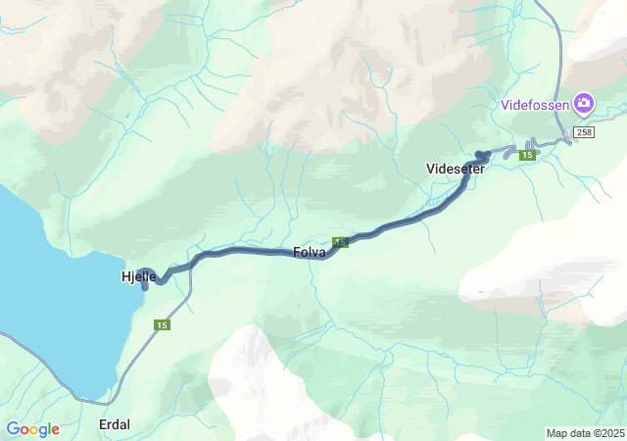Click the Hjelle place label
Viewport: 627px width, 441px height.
pyautogui.click(x=138, y=277)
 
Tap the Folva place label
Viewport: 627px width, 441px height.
pyautogui.click(x=310, y=252)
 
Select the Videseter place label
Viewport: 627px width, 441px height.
pyautogui.click(x=457, y=169)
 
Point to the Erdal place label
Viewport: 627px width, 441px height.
pyautogui.click(x=115, y=424)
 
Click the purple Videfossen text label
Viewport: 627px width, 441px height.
pyautogui.click(x=535, y=103)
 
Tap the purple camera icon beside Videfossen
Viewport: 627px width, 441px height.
pyautogui.click(x=584, y=102)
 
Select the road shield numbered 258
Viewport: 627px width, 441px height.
pyautogui.click(x=585, y=132)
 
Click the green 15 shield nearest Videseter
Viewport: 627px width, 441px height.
pyautogui.click(x=527, y=155)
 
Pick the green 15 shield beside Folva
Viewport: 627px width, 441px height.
pyautogui.click(x=341, y=242)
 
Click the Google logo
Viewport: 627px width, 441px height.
pyautogui.click(x=32, y=429)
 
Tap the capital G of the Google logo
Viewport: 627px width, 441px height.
pyautogui.click(x=13, y=428)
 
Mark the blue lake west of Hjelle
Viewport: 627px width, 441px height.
pyautogui.click(x=49, y=294)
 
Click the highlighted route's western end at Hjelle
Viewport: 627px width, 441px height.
pyautogui.click(x=145, y=287)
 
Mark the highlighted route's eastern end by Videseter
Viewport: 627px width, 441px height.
pyautogui.click(x=482, y=154)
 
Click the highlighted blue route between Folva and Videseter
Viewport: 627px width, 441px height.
pyautogui.click(x=402, y=224)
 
